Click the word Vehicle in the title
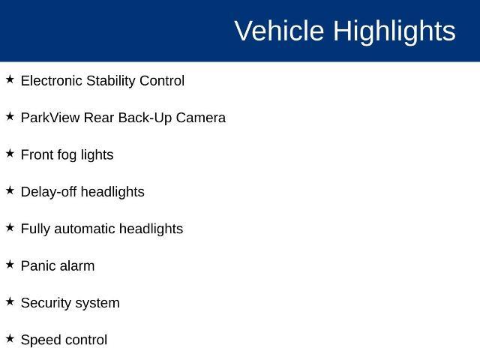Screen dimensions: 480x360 [x=279, y=31]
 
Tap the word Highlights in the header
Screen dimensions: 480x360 [x=394, y=32]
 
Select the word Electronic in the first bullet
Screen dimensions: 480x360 [x=52, y=81]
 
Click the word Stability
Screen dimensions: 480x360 [x=111, y=82]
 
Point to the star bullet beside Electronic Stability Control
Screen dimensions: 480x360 [x=10, y=79]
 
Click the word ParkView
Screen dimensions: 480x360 [x=50, y=118]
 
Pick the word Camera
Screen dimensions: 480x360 [x=201, y=118]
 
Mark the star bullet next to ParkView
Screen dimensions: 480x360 [x=10, y=116]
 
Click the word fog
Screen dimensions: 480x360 [x=67, y=156]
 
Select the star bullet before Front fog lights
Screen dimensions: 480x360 [x=10, y=153]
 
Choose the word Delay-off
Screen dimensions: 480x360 [x=49, y=193]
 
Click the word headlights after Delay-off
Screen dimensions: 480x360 [x=112, y=193]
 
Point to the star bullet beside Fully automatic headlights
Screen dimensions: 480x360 [x=10, y=227]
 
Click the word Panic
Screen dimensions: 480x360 [x=38, y=266]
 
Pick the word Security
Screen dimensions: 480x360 [x=46, y=304]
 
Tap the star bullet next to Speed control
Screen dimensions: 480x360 [x=10, y=338]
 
